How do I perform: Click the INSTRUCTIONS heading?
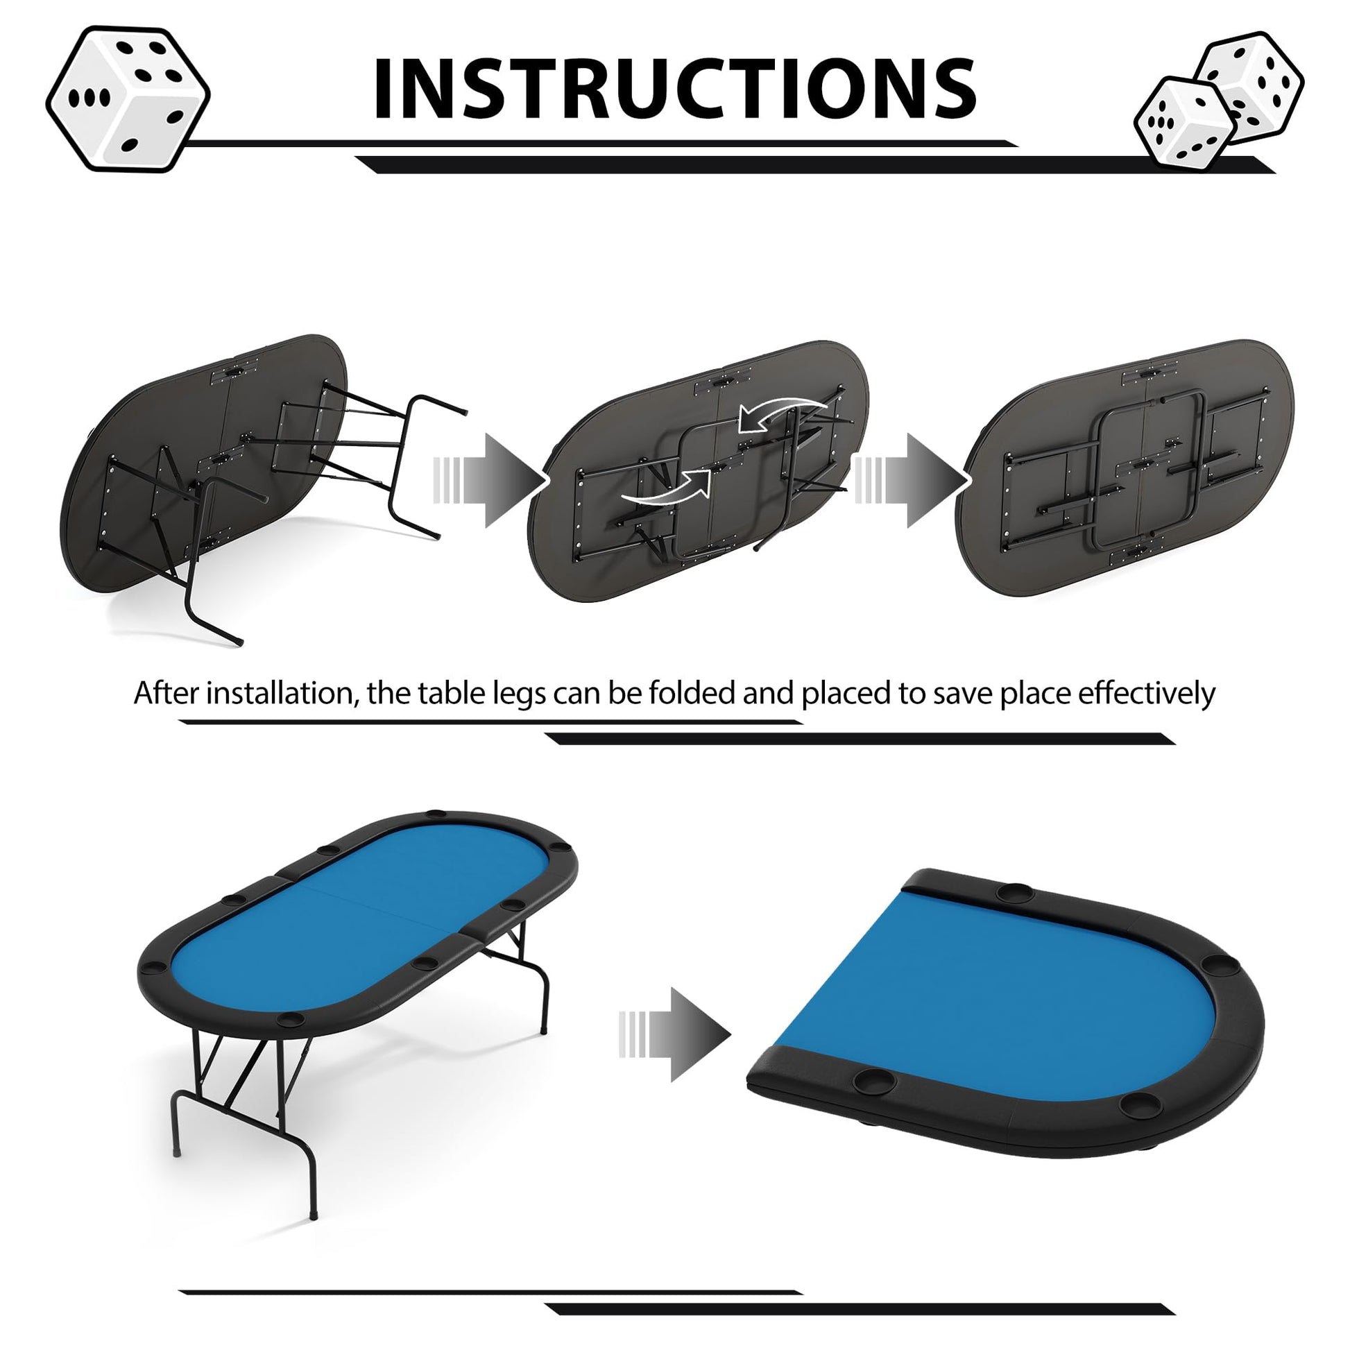(x=675, y=88)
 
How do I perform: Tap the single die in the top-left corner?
(x=128, y=99)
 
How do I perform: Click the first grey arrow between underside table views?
(x=489, y=480)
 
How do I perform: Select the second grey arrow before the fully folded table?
(x=911, y=480)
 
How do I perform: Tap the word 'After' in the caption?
(x=166, y=693)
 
